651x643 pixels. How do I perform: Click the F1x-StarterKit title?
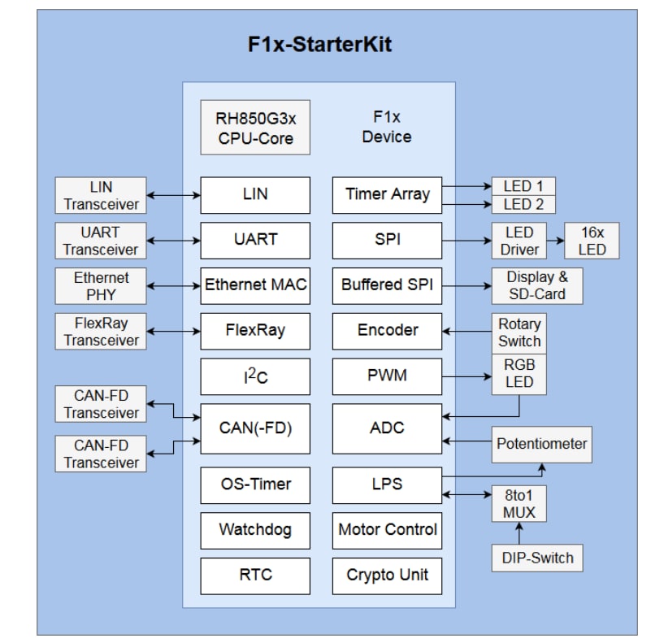(319, 44)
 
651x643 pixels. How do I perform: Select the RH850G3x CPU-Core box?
(254, 127)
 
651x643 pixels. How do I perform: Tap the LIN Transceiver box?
(101, 196)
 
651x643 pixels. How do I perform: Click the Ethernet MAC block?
(255, 285)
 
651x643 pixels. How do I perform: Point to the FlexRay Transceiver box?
(101, 331)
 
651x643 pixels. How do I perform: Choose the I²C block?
(255, 377)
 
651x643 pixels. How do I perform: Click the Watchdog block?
(255, 530)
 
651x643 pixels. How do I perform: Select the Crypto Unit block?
(387, 576)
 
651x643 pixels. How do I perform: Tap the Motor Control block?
(387, 530)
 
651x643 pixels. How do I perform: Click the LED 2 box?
(523, 205)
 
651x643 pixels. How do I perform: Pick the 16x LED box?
(592, 241)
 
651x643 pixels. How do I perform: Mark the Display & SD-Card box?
(536, 285)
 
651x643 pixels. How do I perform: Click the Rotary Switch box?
(519, 332)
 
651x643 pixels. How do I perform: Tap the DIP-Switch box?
(537, 558)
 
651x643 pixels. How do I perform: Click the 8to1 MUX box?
(519, 503)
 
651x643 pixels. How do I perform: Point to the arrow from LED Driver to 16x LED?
(556, 241)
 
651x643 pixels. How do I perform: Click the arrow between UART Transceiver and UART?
(173, 241)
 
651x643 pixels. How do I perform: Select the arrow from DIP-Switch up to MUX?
(519, 533)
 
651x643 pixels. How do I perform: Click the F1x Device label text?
(387, 127)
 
